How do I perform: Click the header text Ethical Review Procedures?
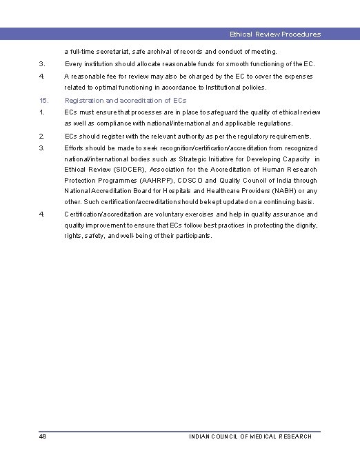[275, 34]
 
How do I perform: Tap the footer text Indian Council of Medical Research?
[250, 436]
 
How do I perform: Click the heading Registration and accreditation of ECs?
[125, 101]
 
